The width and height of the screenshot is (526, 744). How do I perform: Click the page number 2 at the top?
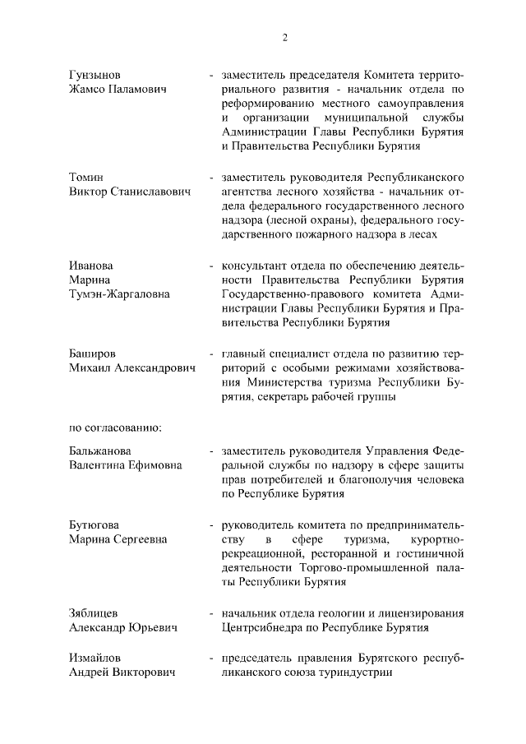(x=284, y=37)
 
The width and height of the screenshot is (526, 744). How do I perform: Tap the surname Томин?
(x=86, y=178)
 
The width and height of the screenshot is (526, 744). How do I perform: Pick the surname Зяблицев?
(x=97, y=613)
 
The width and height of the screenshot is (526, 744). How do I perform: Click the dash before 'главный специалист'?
(x=212, y=354)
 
